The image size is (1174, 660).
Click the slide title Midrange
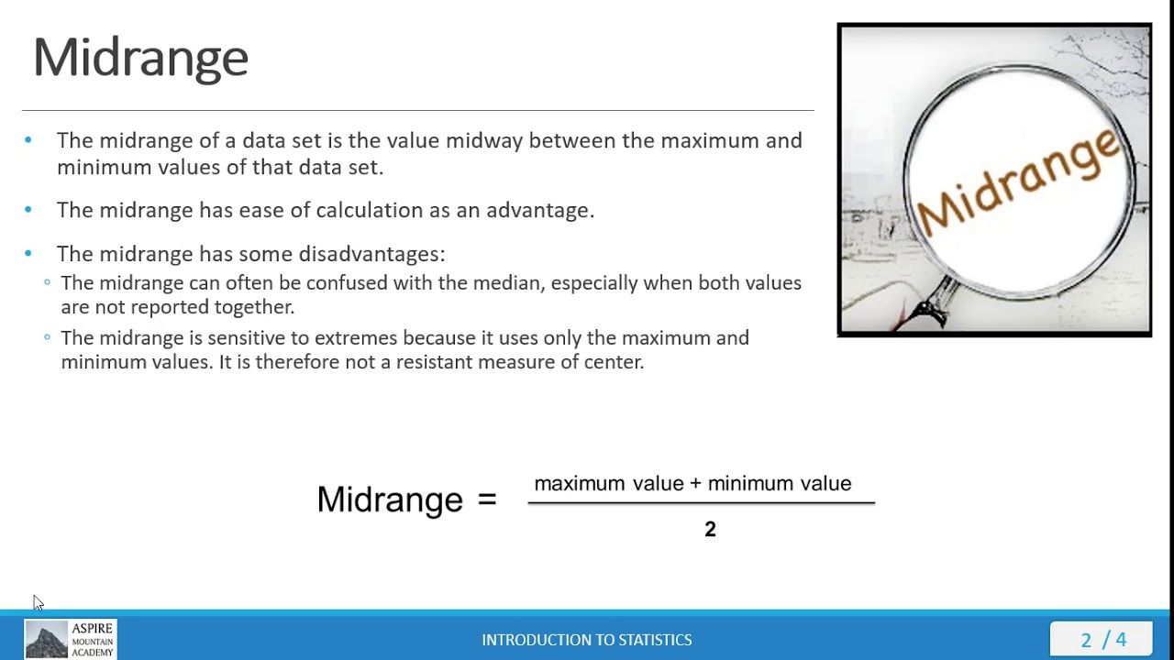pyautogui.click(x=140, y=58)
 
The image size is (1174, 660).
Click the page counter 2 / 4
pyautogui.click(x=1103, y=639)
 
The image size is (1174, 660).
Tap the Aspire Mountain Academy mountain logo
pyautogui.click(x=46, y=639)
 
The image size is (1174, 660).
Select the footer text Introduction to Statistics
pyautogui.click(x=587, y=640)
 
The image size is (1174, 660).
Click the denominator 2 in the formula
pyautogui.click(x=710, y=529)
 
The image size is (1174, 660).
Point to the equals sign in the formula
pyautogui.click(x=486, y=500)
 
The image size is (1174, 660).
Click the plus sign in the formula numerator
pyautogui.click(x=695, y=484)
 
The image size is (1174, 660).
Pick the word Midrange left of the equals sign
pyautogui.click(x=390, y=500)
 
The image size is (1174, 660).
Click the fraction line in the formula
pyautogui.click(x=701, y=502)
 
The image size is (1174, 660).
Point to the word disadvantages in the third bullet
pyautogui.click(x=371, y=254)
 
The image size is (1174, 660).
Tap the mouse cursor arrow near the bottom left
pyautogui.click(x=38, y=602)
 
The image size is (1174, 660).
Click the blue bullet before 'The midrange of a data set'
pyautogui.click(x=28, y=140)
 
